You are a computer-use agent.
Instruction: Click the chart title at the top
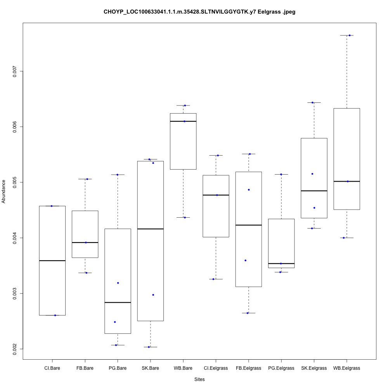199,12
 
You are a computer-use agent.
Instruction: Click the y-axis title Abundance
4,191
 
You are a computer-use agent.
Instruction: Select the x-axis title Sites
199,379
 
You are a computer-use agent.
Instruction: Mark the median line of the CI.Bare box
52,261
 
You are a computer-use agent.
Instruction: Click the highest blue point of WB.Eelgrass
350,35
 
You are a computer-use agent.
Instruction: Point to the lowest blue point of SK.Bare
149,347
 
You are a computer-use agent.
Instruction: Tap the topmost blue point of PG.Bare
118,175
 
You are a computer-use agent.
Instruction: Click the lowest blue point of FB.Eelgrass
248,313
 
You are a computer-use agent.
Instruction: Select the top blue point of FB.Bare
87,179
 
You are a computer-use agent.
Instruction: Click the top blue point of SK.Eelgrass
312,102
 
